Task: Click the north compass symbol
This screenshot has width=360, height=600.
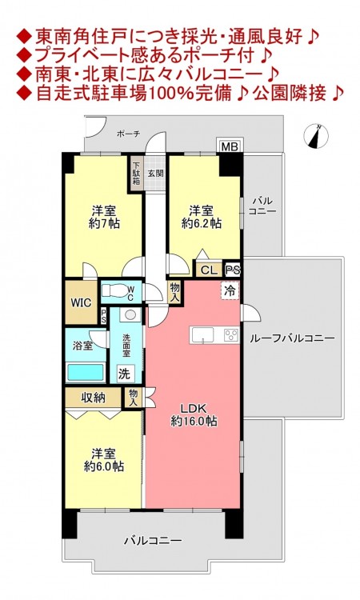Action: click(x=316, y=136)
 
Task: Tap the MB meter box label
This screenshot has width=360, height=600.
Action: click(x=230, y=146)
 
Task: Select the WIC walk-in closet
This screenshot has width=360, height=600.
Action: click(x=81, y=302)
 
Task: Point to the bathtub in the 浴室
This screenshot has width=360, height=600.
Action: click(x=86, y=372)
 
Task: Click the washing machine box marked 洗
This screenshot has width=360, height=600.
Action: click(x=125, y=374)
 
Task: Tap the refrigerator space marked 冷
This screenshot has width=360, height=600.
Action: click(x=230, y=290)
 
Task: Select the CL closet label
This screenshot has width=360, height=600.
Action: click(x=209, y=270)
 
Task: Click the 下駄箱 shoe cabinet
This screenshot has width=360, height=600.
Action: click(x=136, y=174)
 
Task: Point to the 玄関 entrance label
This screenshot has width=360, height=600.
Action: click(x=155, y=173)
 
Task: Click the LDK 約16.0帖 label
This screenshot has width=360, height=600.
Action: click(x=194, y=414)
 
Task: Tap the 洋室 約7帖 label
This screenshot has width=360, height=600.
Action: click(x=104, y=217)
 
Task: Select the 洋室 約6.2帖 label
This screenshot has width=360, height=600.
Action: click(x=202, y=217)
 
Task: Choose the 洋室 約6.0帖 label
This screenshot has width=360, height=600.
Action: click(x=104, y=460)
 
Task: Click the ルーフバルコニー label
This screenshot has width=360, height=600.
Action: click(x=292, y=338)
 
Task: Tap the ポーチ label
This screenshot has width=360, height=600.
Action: click(x=129, y=134)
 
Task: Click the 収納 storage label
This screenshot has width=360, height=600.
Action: click(x=94, y=397)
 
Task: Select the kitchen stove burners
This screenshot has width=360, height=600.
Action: click(x=231, y=335)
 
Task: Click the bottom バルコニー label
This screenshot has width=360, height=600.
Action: click(x=153, y=541)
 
